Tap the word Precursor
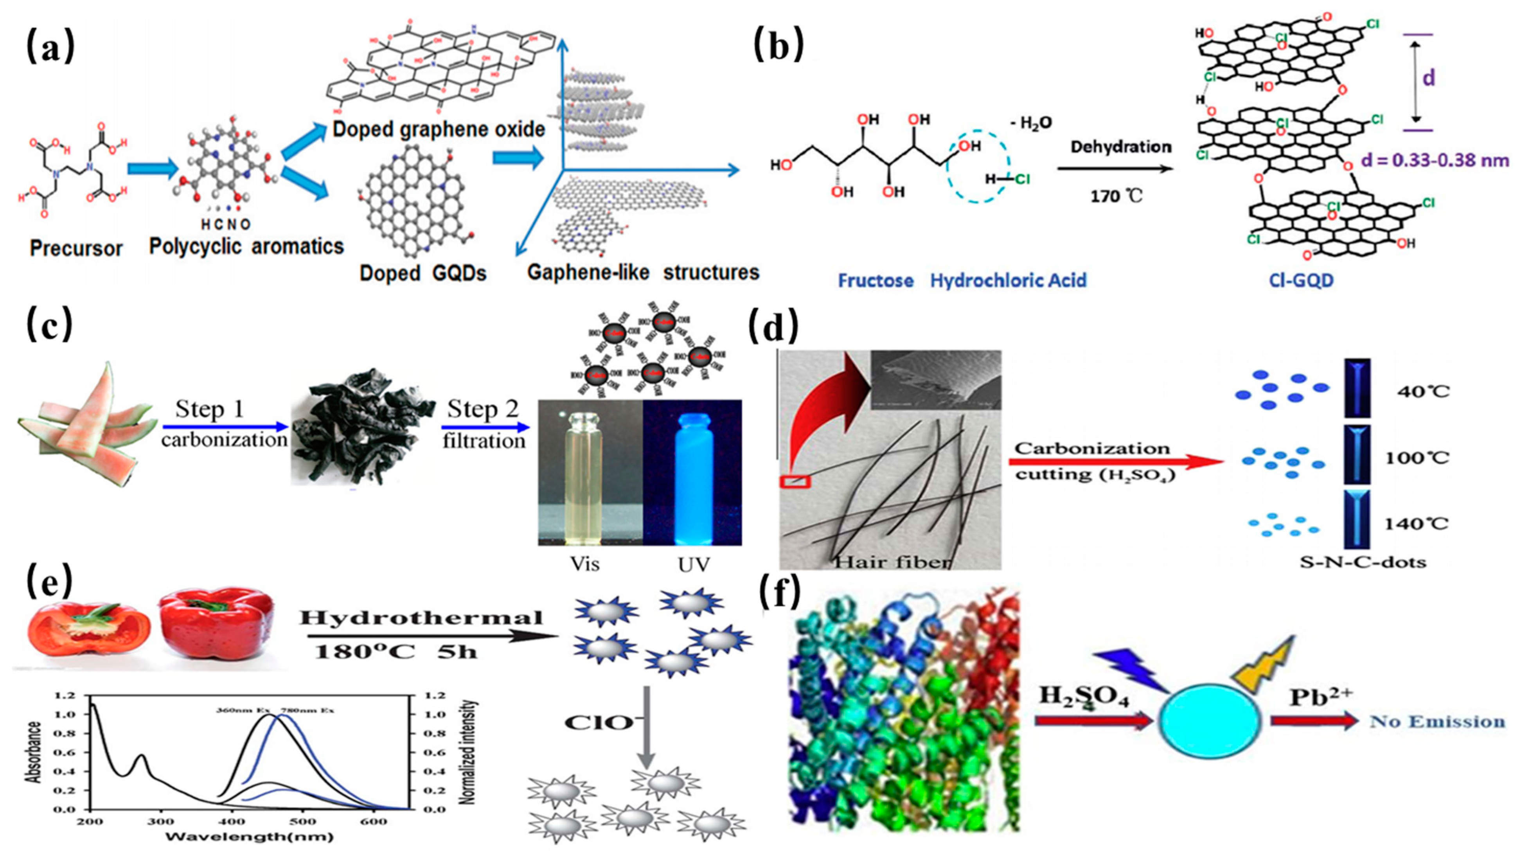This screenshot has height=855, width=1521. (76, 248)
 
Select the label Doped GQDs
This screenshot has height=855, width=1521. (423, 273)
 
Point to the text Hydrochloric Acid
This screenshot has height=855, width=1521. (1009, 280)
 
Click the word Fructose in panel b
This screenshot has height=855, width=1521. (876, 280)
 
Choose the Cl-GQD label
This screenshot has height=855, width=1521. (1302, 280)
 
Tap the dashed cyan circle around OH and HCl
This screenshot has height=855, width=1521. (978, 167)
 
